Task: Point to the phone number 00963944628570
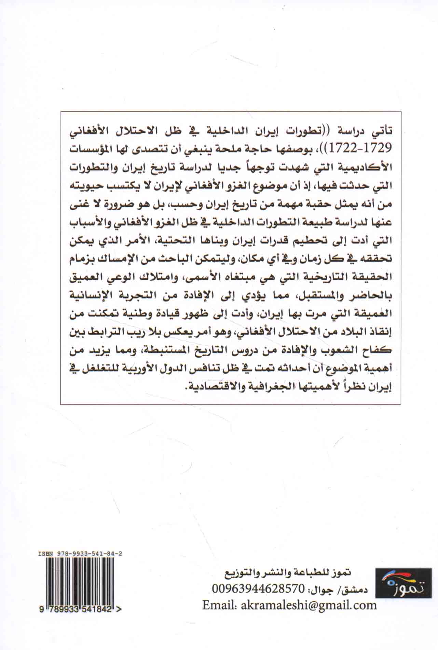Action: click(x=258, y=589)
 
